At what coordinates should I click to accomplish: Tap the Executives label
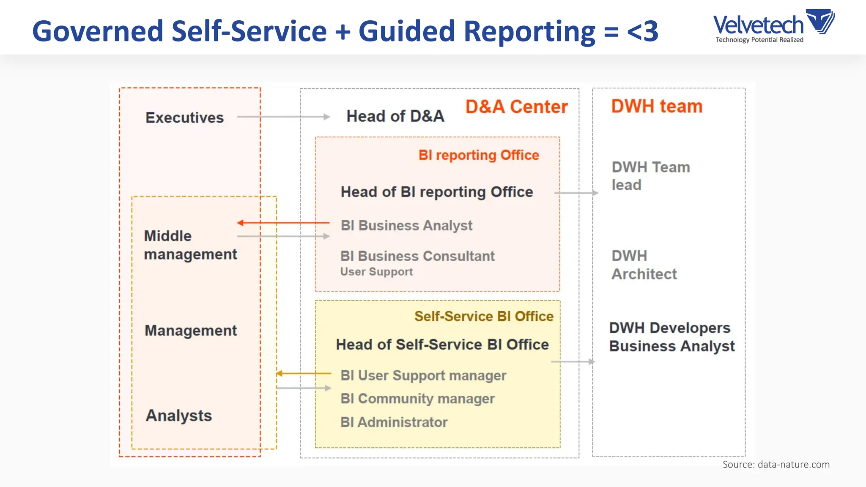(x=184, y=118)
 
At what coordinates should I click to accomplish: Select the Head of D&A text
(x=395, y=116)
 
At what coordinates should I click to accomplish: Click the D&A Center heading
(x=516, y=107)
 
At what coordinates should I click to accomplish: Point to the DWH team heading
(x=656, y=106)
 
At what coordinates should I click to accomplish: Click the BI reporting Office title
(x=479, y=155)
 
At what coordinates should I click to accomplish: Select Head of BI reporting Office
(x=436, y=192)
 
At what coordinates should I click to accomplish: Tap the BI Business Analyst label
(x=406, y=225)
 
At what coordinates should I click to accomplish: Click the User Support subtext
(x=376, y=272)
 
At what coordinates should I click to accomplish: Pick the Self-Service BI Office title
(x=484, y=316)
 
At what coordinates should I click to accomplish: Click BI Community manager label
(x=417, y=399)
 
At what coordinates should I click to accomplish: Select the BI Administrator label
(x=394, y=422)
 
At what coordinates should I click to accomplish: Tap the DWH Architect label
(x=644, y=265)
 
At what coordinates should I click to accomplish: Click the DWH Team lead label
(x=650, y=176)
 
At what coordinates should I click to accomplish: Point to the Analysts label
(x=178, y=416)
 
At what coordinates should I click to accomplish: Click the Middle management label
(x=190, y=245)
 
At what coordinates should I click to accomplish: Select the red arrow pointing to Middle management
(x=283, y=223)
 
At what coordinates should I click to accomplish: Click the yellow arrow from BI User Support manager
(x=303, y=373)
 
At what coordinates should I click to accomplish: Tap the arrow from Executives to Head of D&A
(x=283, y=117)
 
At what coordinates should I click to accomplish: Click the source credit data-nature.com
(x=776, y=464)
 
